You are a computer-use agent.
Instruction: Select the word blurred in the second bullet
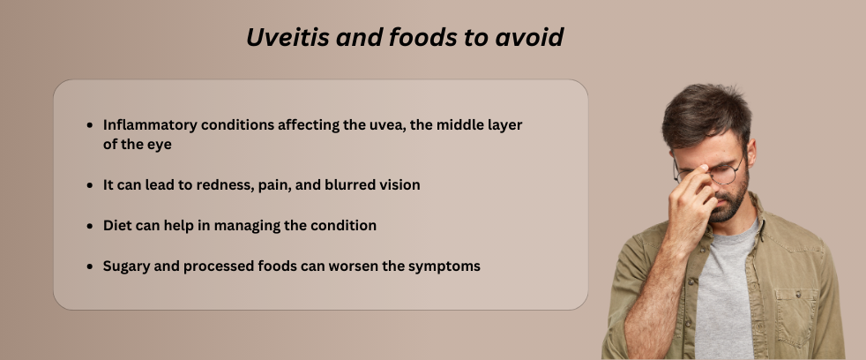pos(345,185)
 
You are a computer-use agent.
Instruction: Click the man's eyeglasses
pos(721,173)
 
